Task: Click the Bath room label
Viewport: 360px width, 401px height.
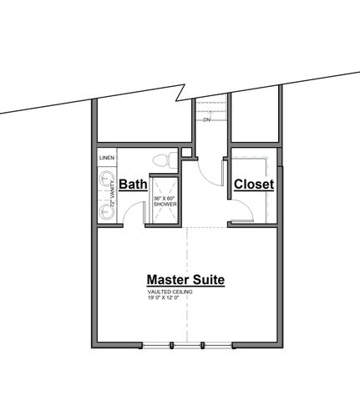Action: pyautogui.click(x=133, y=184)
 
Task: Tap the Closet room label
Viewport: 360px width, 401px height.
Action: pyautogui.click(x=254, y=184)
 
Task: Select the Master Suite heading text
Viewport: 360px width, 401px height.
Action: pyautogui.click(x=185, y=280)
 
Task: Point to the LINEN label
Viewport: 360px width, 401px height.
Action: pyautogui.click(x=106, y=157)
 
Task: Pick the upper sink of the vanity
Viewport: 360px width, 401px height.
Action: pyautogui.click(x=105, y=178)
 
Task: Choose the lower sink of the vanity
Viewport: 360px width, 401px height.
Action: pyautogui.click(x=105, y=211)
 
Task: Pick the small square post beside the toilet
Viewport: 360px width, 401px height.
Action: pyautogui.click(x=189, y=152)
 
